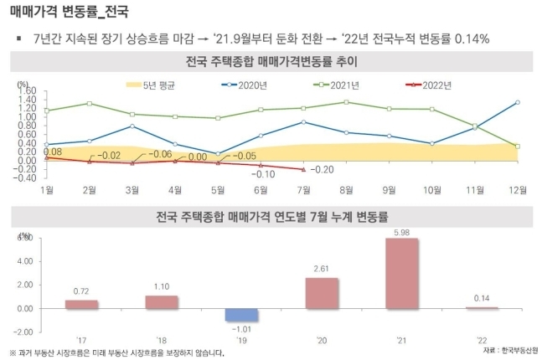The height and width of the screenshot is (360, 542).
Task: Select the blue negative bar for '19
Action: point(241,314)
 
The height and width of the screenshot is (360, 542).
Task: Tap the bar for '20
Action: point(323,293)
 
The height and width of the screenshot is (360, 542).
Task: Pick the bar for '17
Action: point(82,304)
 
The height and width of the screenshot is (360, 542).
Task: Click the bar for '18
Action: point(161,301)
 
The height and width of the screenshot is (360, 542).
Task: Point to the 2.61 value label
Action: point(323,270)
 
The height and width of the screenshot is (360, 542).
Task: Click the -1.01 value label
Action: point(242,330)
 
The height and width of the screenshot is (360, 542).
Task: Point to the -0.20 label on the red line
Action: point(325,169)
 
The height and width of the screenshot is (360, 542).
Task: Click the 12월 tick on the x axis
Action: point(518,190)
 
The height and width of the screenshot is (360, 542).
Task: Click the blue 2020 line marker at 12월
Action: point(518,102)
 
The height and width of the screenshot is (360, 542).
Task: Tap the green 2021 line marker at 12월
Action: point(518,146)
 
